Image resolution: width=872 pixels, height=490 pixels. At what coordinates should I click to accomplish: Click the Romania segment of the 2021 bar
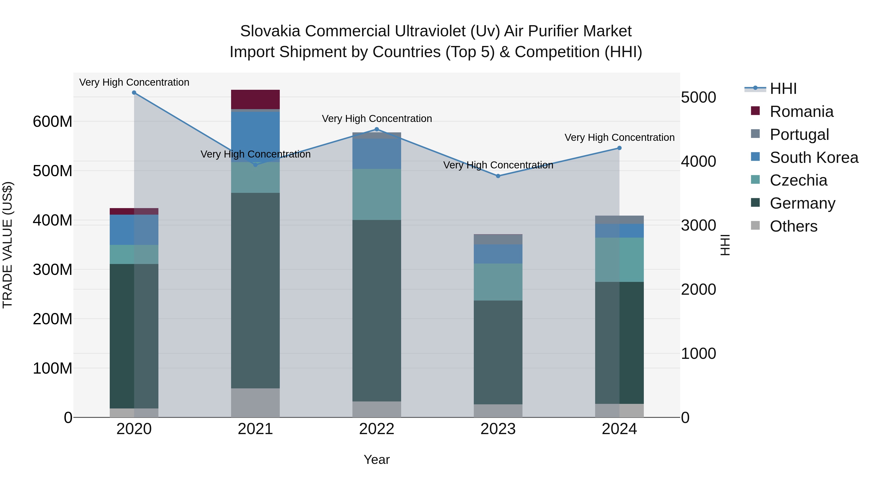coord(255,99)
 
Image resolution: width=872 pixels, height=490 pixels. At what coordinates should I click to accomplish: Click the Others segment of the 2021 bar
coord(255,402)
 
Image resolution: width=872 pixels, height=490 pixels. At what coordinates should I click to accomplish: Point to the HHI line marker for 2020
coord(134,93)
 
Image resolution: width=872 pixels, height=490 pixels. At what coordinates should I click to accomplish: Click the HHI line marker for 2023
coord(498,176)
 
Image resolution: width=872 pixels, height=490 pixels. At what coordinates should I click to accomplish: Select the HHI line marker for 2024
coord(619,148)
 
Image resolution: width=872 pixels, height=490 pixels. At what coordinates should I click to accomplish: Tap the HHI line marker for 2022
coord(376,129)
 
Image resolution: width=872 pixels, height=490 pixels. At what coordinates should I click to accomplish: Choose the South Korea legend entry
coord(814,157)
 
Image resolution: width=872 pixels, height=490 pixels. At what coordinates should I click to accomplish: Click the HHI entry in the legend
coord(783,89)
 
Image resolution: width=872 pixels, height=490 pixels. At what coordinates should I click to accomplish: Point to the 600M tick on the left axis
coord(53,122)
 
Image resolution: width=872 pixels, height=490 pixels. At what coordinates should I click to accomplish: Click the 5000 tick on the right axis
coord(698,97)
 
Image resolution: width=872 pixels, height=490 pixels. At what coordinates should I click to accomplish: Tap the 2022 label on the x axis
coord(376,429)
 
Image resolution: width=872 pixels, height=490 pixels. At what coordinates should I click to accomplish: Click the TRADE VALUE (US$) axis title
coord(8,245)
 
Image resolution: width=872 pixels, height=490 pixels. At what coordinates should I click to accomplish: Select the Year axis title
coord(376,460)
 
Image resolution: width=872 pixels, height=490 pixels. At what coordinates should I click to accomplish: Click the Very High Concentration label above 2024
coord(619,138)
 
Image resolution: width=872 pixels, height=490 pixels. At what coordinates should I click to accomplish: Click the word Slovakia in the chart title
coord(270,31)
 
